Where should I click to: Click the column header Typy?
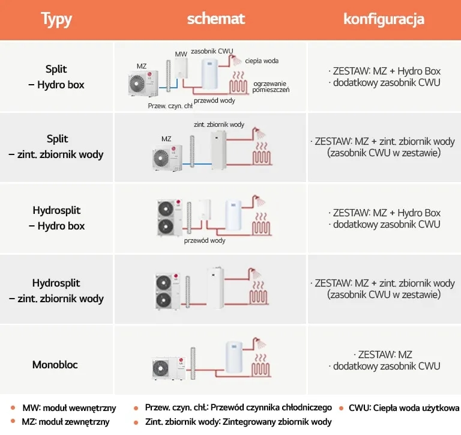point(56,19)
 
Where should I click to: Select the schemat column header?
point(216,19)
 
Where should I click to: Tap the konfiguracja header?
point(384,19)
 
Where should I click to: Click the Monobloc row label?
point(55,365)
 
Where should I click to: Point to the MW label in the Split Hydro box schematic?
point(181,54)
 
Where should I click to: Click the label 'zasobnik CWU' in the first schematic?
point(212,51)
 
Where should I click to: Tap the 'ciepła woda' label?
point(262,61)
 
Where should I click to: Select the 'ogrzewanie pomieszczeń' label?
point(271,87)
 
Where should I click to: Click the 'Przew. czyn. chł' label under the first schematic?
point(170,106)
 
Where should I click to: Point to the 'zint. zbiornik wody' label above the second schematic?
point(219,124)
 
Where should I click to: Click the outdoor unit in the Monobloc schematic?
point(169,368)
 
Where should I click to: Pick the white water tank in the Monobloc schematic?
point(234,357)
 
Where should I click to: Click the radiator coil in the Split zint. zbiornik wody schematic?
point(261,154)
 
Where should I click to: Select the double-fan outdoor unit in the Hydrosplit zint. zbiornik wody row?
point(167,291)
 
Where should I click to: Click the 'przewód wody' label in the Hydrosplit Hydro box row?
point(205,240)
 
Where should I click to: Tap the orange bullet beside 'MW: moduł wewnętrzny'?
point(13,407)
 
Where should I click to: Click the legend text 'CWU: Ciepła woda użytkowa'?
point(403,408)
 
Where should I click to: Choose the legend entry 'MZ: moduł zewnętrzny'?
point(65,422)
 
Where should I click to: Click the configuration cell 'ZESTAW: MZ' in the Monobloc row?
point(385,354)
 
